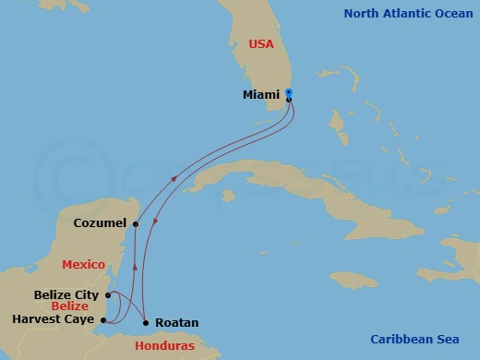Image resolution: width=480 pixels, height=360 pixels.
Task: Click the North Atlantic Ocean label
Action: pyautogui.click(x=401, y=13)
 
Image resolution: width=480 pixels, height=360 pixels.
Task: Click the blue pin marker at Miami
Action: pyautogui.click(x=289, y=93)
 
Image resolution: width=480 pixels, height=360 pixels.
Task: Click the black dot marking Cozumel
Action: pyautogui.click(x=136, y=223)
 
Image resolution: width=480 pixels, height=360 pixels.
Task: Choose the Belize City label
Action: pyautogui.click(x=67, y=294)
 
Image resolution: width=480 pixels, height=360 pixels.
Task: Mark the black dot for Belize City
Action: pyautogui.click(x=108, y=295)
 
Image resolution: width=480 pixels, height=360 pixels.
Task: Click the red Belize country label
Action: pyautogui.click(x=70, y=306)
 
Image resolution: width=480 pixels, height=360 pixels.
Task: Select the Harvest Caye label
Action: pyautogui.click(x=53, y=319)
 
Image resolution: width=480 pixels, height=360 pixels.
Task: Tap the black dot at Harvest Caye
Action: pyautogui.click(x=102, y=320)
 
